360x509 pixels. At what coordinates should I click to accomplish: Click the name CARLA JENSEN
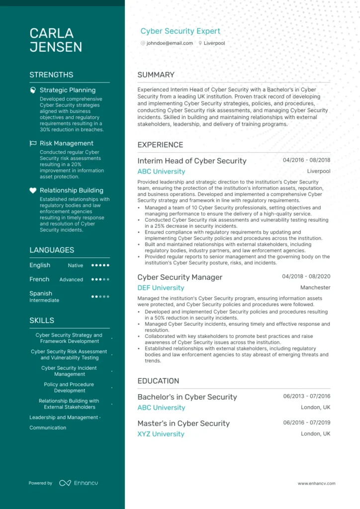(x=56, y=40)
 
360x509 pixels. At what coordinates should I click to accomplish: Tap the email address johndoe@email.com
(x=170, y=43)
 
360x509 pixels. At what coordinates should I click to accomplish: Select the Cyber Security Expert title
(x=180, y=31)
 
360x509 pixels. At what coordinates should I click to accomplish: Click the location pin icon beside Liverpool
(x=200, y=43)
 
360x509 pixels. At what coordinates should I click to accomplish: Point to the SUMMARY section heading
(x=156, y=75)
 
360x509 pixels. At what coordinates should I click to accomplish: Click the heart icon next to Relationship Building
(x=33, y=190)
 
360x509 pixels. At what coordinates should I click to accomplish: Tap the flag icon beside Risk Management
(x=33, y=143)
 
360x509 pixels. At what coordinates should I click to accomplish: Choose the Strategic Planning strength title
(x=68, y=90)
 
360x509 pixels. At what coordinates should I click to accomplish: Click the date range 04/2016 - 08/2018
(x=306, y=160)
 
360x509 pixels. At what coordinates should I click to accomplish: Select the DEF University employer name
(x=161, y=288)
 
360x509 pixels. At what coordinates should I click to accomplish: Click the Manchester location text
(x=315, y=287)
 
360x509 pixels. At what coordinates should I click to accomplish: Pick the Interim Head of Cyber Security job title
(x=192, y=161)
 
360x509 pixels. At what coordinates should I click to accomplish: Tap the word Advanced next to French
(x=71, y=279)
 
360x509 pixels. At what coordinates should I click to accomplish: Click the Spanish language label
(x=41, y=293)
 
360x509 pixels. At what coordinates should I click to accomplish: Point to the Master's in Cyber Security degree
(x=183, y=424)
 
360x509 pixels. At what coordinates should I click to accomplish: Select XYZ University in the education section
(x=161, y=434)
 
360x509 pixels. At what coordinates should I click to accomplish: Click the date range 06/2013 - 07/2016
(x=307, y=396)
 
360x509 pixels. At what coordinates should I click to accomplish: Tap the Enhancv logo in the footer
(x=72, y=483)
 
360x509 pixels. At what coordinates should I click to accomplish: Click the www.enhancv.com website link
(x=316, y=483)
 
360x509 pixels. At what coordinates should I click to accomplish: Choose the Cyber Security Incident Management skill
(x=69, y=371)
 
